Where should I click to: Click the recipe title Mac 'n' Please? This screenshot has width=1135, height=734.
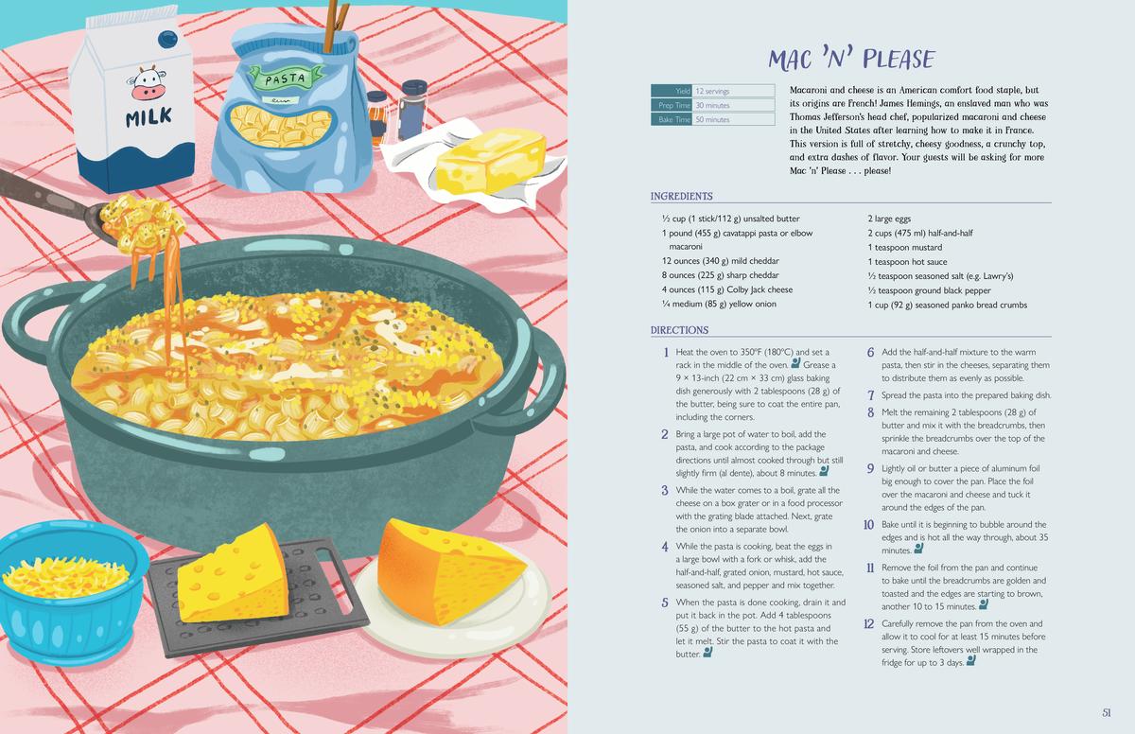pyautogui.click(x=851, y=59)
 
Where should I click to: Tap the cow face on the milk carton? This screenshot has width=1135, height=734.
pyautogui.click(x=148, y=83)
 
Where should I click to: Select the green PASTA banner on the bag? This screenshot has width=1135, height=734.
pyautogui.click(x=286, y=79)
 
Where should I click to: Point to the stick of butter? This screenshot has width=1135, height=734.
pyautogui.click(x=491, y=161)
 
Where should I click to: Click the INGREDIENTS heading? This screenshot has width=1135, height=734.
pyautogui.click(x=682, y=196)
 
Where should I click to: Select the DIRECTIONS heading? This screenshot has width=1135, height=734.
pyautogui.click(x=679, y=330)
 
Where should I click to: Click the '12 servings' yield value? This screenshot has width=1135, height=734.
pyautogui.click(x=712, y=91)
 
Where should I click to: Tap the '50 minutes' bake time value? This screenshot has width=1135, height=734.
pyautogui.click(x=712, y=119)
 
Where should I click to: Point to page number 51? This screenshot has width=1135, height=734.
pyautogui.click(x=1107, y=713)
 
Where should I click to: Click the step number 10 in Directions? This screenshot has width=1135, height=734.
pyautogui.click(x=868, y=524)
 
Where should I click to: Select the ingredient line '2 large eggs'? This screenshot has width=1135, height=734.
pyautogui.click(x=889, y=218)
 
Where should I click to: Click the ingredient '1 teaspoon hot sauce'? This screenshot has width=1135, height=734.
pyautogui.click(x=907, y=262)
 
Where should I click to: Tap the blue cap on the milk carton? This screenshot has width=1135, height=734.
pyautogui.click(x=167, y=38)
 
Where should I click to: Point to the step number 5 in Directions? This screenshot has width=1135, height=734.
pyautogui.click(x=665, y=603)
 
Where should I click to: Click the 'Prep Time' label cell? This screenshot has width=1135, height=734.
pyautogui.click(x=672, y=105)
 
